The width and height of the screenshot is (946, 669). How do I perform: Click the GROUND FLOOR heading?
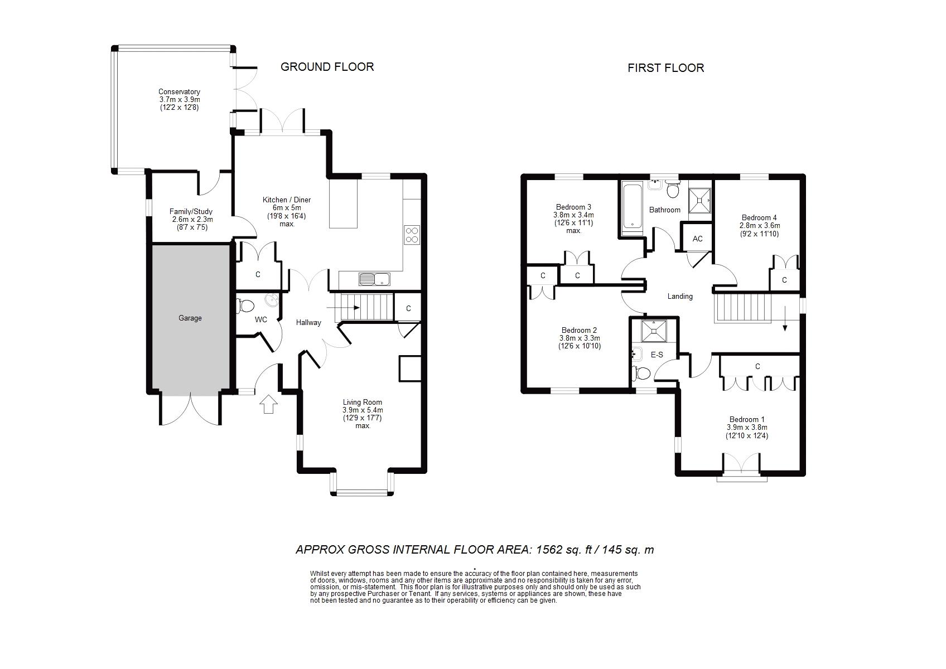327,67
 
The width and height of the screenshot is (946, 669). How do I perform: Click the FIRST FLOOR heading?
665,69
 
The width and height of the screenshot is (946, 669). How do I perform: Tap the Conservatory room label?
179,91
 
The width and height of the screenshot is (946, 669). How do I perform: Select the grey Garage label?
190,318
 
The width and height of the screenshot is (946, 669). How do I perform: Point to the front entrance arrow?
268,404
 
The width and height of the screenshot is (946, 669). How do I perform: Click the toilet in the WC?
245,306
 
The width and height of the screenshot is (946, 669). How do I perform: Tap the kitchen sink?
375,279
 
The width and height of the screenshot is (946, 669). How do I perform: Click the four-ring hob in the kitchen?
412,235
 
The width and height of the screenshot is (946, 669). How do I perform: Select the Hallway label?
308,322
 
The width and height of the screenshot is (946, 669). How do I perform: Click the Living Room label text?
363,403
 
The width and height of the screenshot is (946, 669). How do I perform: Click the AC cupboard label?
698,239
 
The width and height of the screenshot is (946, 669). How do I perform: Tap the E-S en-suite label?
657,355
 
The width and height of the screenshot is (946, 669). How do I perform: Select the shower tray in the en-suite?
654,331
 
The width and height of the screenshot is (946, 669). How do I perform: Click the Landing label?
680,296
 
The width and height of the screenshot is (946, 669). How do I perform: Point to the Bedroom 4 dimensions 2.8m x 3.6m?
760,226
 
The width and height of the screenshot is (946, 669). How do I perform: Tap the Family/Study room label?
191,211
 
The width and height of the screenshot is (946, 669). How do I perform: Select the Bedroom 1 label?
747,420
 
